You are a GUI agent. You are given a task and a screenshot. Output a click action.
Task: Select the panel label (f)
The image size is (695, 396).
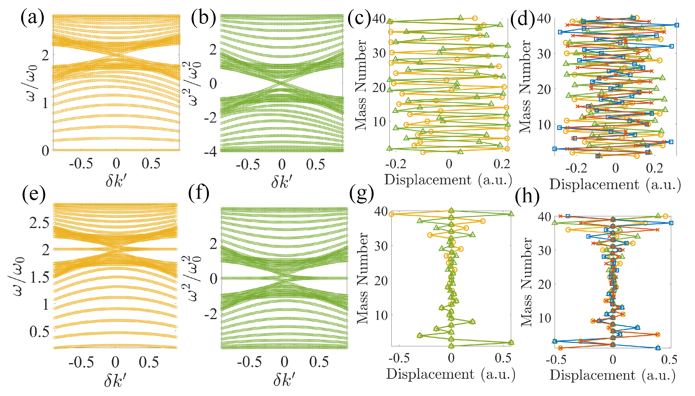199,192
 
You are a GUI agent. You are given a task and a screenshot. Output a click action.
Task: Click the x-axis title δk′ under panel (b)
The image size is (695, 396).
282,181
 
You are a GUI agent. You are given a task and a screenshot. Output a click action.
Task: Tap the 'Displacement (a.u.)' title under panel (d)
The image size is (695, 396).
615,185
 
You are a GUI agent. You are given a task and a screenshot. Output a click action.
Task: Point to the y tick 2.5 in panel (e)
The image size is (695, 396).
39,223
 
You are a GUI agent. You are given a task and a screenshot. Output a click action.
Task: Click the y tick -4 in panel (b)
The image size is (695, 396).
211,151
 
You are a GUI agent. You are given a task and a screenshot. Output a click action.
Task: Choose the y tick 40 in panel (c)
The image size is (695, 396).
379,19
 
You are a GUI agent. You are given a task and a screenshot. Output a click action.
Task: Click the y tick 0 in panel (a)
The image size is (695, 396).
45,150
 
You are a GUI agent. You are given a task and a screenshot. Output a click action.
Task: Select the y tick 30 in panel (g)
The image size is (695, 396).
381,246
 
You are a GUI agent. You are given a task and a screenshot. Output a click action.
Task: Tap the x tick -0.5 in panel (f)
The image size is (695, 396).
249,362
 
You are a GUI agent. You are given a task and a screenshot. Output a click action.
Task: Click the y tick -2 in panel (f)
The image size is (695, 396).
211,314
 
